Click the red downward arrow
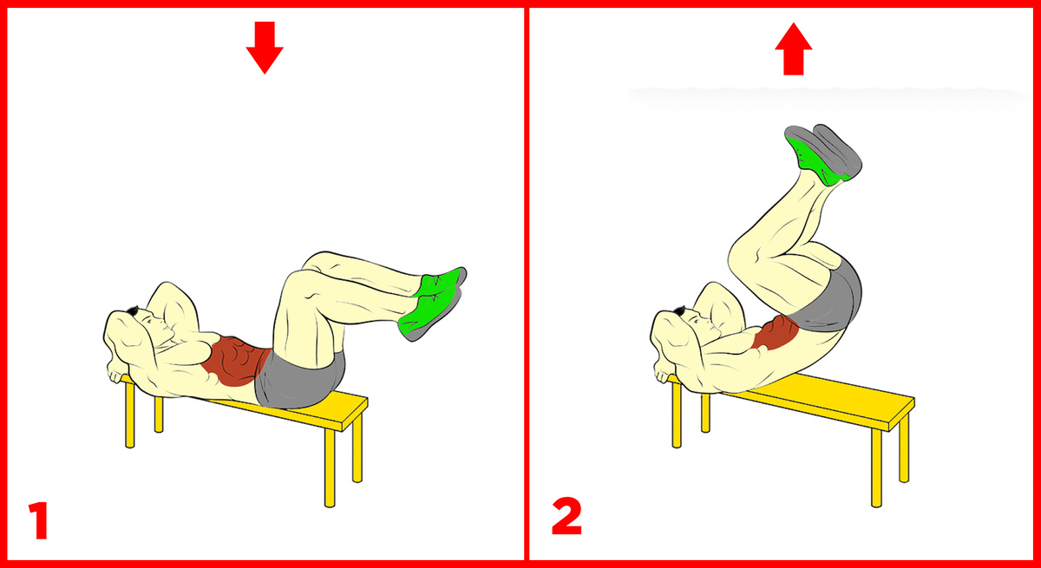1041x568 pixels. point(265,48)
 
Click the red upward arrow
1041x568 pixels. point(793,49)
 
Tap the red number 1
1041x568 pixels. point(38,520)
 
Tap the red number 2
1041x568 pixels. point(566,517)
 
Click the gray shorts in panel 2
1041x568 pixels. point(832,297)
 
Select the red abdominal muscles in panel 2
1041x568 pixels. point(775,332)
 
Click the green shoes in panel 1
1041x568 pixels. point(432,303)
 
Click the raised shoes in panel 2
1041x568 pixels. point(823,154)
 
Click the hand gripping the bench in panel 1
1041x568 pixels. point(116,371)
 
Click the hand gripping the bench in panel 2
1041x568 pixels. point(663,371)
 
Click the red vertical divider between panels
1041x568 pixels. point(526,284)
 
